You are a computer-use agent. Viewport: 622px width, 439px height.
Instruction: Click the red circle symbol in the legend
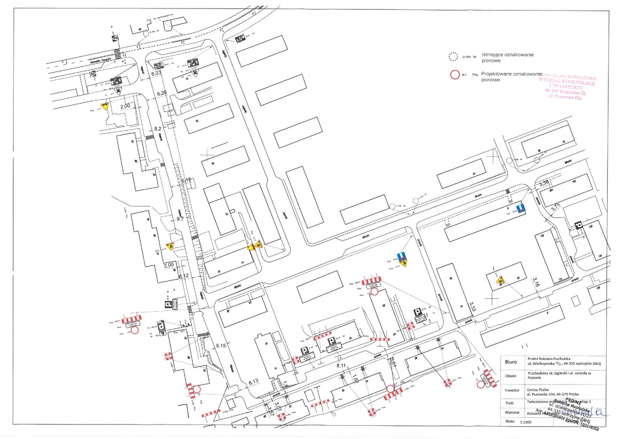(455, 75)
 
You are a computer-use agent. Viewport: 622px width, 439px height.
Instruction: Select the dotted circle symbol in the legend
(453, 57)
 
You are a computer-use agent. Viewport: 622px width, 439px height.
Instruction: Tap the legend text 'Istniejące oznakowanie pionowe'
(507, 57)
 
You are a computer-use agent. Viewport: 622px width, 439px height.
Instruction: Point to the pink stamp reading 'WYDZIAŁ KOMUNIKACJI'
(566, 83)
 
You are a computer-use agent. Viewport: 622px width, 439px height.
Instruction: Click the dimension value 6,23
(156, 73)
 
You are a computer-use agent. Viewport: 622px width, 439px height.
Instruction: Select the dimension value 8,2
(157, 129)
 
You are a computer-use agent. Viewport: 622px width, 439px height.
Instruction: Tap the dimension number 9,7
(180, 219)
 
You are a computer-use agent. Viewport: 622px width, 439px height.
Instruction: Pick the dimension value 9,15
(221, 345)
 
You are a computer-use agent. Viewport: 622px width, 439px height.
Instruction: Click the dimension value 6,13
(253, 382)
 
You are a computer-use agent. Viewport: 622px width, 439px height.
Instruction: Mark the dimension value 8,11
(341, 366)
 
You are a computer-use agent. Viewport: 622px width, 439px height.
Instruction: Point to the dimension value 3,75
(555, 207)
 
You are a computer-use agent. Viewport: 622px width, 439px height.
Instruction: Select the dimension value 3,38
(544, 183)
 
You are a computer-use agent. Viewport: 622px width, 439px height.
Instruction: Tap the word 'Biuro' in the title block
(511, 362)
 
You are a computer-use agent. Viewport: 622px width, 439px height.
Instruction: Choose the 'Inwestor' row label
(512, 390)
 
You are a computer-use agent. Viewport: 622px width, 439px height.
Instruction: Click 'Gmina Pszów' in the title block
(538, 390)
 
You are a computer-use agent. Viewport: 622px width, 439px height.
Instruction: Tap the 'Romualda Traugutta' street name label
(100, 61)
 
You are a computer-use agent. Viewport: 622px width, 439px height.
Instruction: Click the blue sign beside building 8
(521, 208)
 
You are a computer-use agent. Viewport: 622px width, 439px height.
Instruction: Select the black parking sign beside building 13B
(578, 225)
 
